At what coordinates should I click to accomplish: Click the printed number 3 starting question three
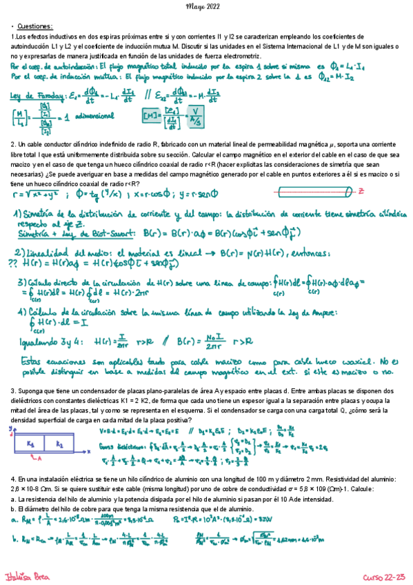pos(12,391)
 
